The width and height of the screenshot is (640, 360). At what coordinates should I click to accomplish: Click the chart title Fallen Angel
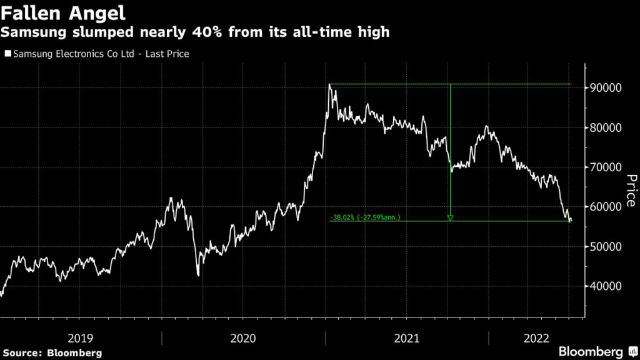click(x=63, y=13)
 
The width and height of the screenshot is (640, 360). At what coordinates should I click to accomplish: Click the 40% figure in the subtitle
click(x=206, y=32)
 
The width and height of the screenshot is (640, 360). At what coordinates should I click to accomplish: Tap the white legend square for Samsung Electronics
click(x=7, y=54)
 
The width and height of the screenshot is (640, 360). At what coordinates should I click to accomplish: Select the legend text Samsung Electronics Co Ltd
click(x=74, y=54)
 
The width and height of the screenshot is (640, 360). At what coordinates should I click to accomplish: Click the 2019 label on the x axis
click(x=81, y=338)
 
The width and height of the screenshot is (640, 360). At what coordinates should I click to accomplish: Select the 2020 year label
click(x=243, y=338)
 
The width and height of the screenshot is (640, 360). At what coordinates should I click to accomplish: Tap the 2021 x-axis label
click(x=406, y=338)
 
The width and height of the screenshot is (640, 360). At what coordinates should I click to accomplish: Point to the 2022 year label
click(x=536, y=338)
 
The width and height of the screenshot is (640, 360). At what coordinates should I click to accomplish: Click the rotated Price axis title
click(x=631, y=190)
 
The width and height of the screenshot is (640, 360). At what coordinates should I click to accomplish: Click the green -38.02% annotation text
click(x=365, y=217)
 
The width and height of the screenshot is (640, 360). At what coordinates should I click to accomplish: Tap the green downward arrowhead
click(x=450, y=218)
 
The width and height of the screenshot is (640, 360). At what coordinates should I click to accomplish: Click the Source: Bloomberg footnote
click(x=52, y=353)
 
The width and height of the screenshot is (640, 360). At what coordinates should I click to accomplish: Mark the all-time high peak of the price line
click(x=330, y=84)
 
